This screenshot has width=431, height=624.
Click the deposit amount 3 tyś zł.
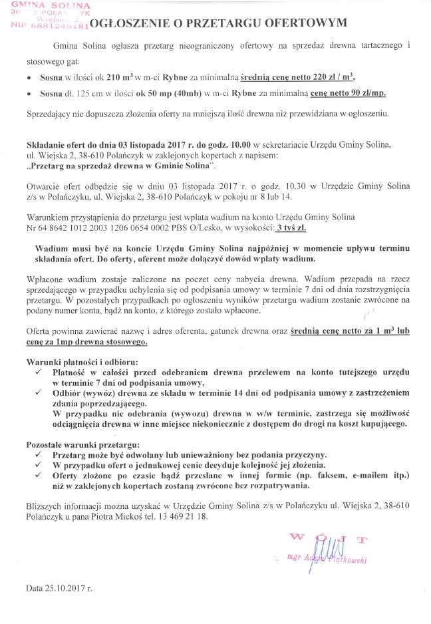(x=291, y=228)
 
